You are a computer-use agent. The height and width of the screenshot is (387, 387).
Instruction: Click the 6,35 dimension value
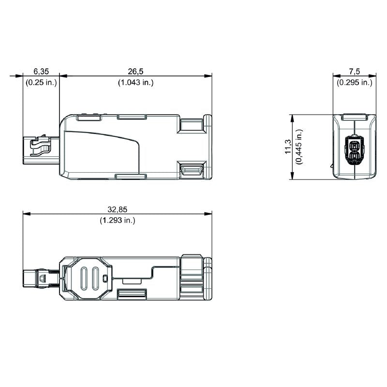point(41,71)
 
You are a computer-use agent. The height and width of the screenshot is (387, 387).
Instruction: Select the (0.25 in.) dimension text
point(41,82)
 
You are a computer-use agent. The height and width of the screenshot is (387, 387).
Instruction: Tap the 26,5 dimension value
point(135,71)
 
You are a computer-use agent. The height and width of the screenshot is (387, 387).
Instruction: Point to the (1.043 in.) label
point(135,82)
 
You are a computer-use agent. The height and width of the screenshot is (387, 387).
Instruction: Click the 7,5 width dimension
point(355,71)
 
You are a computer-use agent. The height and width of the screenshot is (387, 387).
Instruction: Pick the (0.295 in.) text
point(355,82)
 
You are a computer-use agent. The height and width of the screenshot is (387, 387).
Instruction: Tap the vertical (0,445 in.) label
point(299,147)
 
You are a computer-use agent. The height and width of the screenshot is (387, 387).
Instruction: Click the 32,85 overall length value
point(118,209)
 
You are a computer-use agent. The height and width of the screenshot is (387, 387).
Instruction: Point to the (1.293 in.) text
point(118,220)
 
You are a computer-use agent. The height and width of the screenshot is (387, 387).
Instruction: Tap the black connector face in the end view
point(354,150)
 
